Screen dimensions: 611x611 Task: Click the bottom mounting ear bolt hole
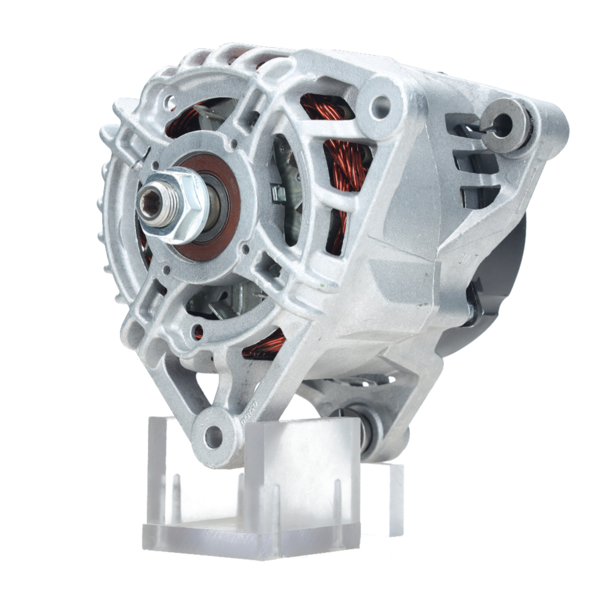click(213, 436)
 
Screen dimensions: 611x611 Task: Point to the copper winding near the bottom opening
click(266, 345)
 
